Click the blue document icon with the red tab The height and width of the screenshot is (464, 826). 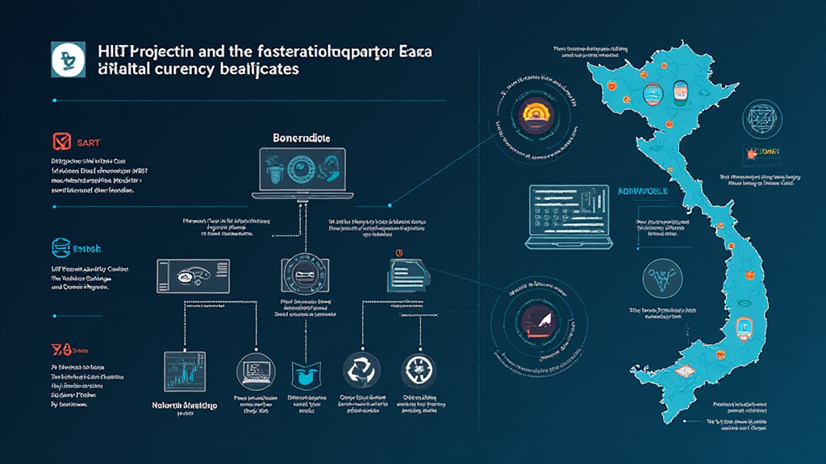[401, 276]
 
